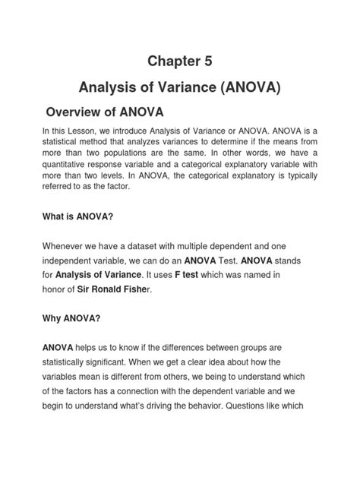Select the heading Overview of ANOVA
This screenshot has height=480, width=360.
(x=105, y=112)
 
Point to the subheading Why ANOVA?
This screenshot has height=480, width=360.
(x=70, y=321)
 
